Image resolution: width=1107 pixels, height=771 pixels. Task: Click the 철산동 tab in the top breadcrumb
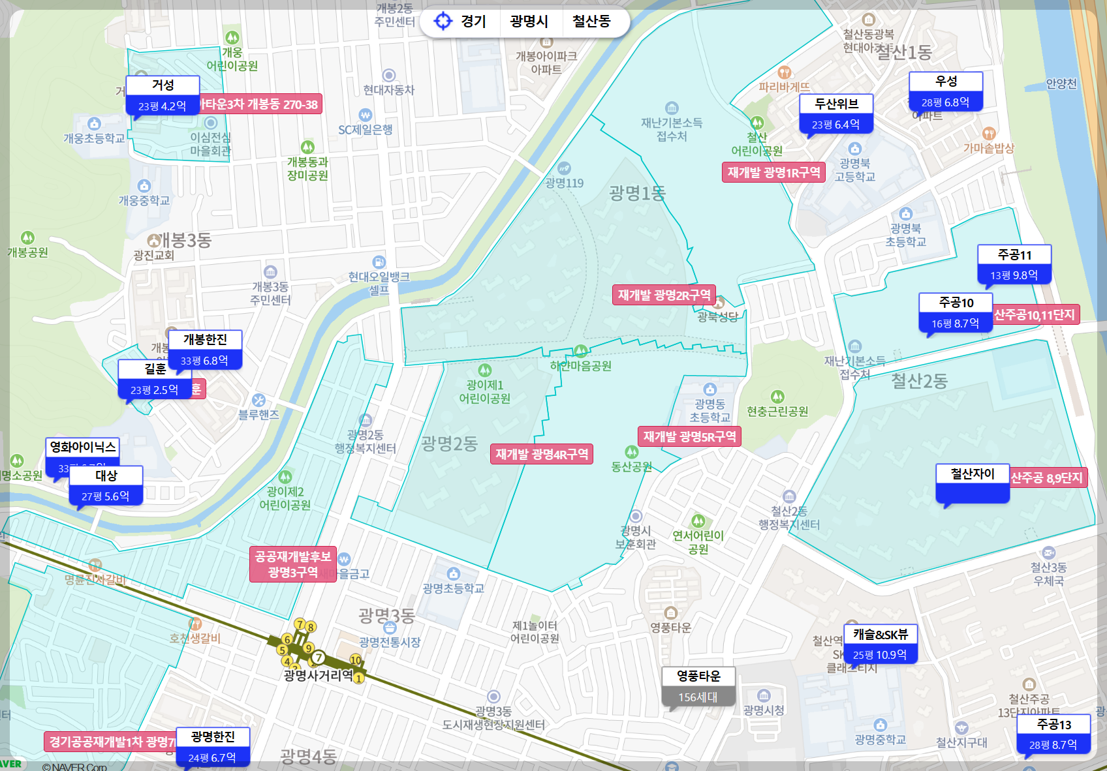pos(591,22)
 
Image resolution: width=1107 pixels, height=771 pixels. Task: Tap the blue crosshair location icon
pos(443,22)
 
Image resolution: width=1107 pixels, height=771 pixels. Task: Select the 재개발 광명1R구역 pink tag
pos(773,172)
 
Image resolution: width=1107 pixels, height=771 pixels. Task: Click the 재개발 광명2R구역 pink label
pos(664,295)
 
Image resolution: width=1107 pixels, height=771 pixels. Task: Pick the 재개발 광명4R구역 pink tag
pos(541,454)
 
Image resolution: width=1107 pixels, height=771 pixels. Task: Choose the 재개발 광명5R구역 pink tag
pos(689,436)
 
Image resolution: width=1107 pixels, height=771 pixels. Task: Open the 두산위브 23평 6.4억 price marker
pos(835,114)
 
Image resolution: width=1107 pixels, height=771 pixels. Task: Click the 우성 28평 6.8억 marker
pos(946,92)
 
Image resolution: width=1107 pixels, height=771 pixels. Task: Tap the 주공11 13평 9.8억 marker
pos(1014,265)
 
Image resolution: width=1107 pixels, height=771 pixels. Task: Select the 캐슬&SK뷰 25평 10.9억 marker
pos(880,644)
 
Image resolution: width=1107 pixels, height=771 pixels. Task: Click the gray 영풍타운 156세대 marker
pos(698,687)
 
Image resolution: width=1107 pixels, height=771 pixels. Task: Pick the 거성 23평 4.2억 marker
pos(163,96)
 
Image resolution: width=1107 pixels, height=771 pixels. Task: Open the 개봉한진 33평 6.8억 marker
pos(205,350)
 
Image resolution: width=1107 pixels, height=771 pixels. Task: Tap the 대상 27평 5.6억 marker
pos(106,486)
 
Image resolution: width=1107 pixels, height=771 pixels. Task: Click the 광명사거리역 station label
pos(318,675)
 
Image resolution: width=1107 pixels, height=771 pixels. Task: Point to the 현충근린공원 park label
pos(777,412)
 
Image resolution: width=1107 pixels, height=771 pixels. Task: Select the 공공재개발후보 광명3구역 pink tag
pos(292,564)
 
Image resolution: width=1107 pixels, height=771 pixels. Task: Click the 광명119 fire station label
pos(564,183)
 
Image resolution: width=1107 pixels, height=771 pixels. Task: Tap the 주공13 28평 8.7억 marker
pos(1053,734)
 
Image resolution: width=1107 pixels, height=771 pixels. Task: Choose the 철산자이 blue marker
pos(972,483)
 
